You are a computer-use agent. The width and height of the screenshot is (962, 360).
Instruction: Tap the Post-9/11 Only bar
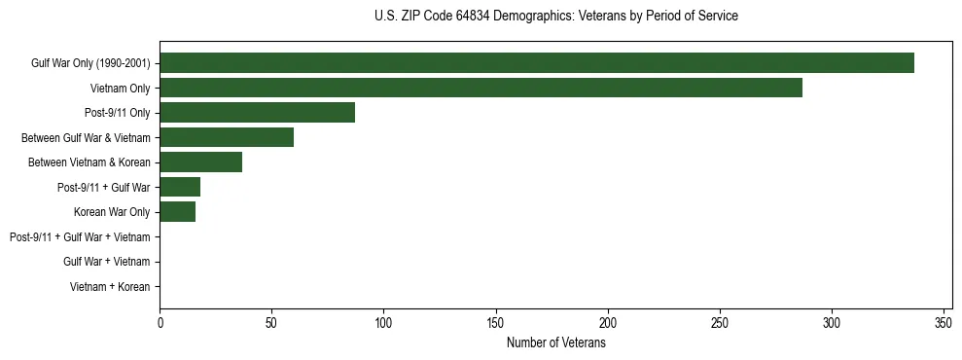tap(257, 113)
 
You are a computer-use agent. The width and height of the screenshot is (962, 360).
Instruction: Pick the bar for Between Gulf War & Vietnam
tap(227, 137)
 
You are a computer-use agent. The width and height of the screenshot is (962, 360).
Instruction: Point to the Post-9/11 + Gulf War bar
tap(180, 187)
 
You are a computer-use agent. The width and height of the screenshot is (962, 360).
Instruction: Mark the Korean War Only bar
tap(177, 212)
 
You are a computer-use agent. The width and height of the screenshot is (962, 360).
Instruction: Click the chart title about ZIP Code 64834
tap(556, 17)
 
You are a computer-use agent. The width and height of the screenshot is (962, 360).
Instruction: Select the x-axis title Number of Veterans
tap(556, 342)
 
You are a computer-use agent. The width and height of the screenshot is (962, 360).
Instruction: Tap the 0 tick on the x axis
tap(160, 321)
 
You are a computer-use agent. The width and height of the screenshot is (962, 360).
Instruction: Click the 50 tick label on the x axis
tap(271, 321)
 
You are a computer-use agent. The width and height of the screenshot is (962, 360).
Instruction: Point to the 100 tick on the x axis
tap(383, 321)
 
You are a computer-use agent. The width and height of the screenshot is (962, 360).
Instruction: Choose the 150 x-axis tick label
tap(496, 321)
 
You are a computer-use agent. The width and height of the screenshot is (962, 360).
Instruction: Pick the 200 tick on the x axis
tap(608, 321)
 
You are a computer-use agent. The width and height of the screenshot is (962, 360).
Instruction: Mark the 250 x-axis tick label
tap(720, 321)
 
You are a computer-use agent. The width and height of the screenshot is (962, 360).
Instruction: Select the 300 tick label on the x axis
tap(832, 321)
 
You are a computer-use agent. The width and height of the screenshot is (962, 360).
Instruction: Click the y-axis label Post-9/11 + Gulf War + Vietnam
tap(80, 237)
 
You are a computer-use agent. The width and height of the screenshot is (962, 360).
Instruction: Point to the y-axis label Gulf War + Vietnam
tap(106, 262)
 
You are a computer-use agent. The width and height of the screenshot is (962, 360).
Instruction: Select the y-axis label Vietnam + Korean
tap(110, 287)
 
